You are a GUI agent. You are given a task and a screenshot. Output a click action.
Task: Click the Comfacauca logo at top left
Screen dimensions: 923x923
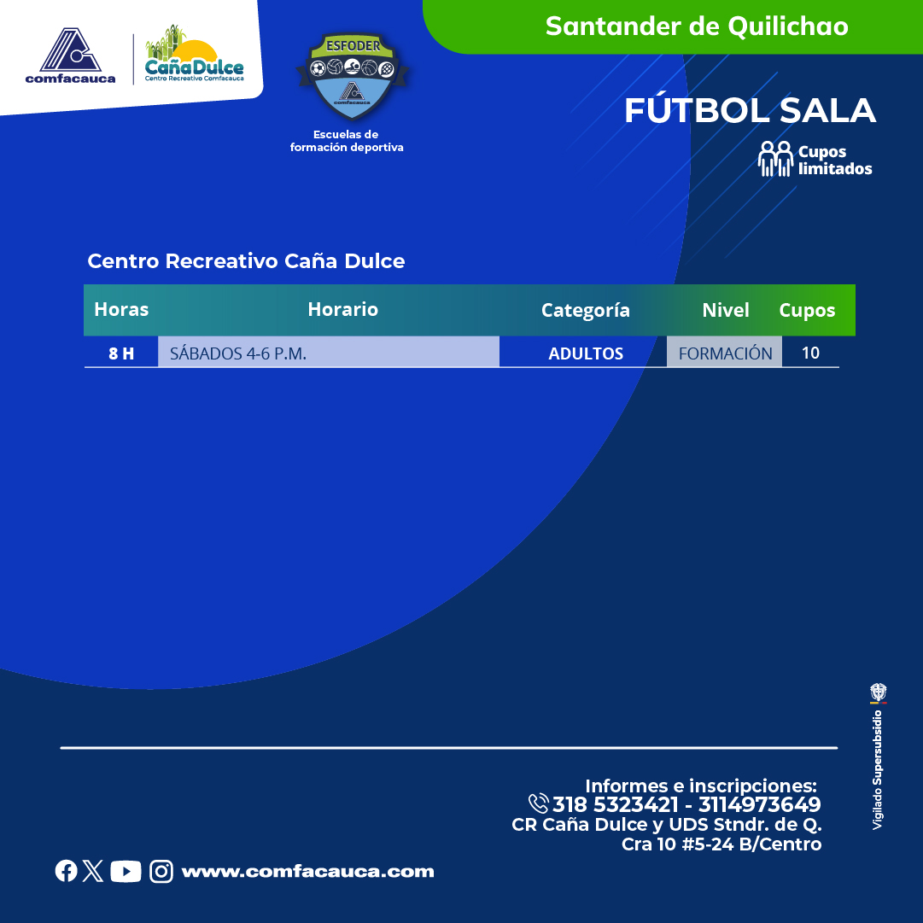coord(70,55)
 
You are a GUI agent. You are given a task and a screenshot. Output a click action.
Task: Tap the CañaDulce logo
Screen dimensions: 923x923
coord(195,54)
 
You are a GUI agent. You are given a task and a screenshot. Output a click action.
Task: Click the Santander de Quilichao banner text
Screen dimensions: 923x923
coord(697,26)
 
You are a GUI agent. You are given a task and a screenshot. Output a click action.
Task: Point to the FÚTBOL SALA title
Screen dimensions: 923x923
coord(751,110)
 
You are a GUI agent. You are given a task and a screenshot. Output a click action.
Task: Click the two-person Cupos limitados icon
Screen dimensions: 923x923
coord(775,159)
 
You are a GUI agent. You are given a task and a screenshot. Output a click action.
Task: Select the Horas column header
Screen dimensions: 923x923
coord(121,309)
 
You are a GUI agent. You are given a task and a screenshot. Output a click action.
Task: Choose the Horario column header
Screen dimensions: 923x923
coord(342,309)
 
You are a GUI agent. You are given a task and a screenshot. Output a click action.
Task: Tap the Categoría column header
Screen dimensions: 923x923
coord(585,310)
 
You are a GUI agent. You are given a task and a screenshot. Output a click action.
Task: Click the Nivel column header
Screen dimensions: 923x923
coord(725,310)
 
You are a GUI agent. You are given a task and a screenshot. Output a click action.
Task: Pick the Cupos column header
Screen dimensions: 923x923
coord(807,310)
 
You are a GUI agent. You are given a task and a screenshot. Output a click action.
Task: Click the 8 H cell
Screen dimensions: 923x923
coord(121,353)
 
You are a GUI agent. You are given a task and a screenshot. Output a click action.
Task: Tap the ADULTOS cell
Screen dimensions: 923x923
coord(586,353)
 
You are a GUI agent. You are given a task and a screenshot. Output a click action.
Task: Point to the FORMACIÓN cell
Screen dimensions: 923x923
coord(725,353)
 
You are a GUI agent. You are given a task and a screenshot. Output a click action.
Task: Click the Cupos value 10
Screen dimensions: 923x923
coord(810,353)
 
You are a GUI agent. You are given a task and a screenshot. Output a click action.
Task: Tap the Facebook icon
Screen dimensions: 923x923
coord(66,871)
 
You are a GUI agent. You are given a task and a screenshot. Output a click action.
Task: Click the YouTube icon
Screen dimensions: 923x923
coord(126,871)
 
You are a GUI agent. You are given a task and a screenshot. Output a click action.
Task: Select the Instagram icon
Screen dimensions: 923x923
coord(161,871)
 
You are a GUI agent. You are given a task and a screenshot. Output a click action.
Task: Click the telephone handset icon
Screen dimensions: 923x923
coord(538,803)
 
